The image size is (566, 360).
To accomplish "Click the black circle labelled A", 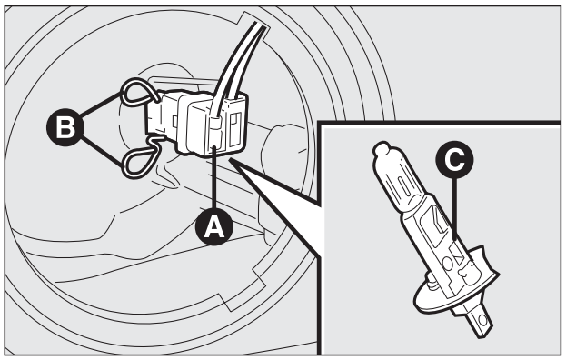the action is pyautogui.click(x=214, y=226).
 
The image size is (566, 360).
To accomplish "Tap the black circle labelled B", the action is pyautogui.click(x=65, y=127).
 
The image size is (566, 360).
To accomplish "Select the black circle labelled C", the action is pyautogui.click(x=454, y=159).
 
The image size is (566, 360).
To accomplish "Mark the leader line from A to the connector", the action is pyautogui.click(x=214, y=177).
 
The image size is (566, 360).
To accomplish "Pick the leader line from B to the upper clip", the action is pyautogui.click(x=101, y=105).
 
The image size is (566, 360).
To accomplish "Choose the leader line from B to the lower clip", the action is pyautogui.click(x=102, y=152).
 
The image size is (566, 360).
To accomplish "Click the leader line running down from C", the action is pyautogui.click(x=454, y=208).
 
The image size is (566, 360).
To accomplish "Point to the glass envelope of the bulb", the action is pyautogui.click(x=401, y=181).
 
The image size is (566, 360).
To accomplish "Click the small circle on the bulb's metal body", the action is pyautogui.click(x=448, y=264).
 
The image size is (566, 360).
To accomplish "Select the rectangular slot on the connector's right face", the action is pyautogui.click(x=235, y=129).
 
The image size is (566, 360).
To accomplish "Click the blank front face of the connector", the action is pyautogui.click(x=198, y=128).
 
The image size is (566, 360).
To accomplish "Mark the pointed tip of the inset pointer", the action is pyautogui.click(x=230, y=160).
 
